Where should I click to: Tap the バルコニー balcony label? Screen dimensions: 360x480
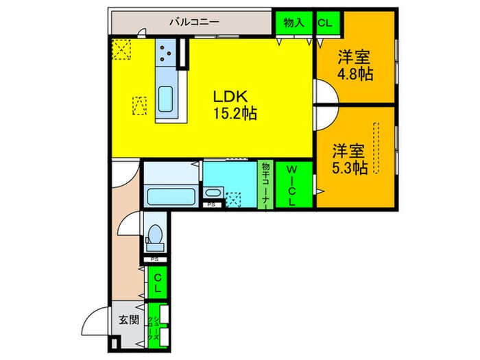[195, 21]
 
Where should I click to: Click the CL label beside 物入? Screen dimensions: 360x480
[324, 22]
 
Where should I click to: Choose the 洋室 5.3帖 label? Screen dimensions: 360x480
[350, 158]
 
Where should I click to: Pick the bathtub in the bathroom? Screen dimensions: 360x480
[171, 197]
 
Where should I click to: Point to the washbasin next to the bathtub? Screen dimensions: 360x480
[212, 195]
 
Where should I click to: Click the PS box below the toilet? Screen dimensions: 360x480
[154, 259]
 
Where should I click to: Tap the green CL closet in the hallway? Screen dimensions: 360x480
[158, 283]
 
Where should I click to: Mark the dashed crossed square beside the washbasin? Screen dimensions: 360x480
[233, 198]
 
